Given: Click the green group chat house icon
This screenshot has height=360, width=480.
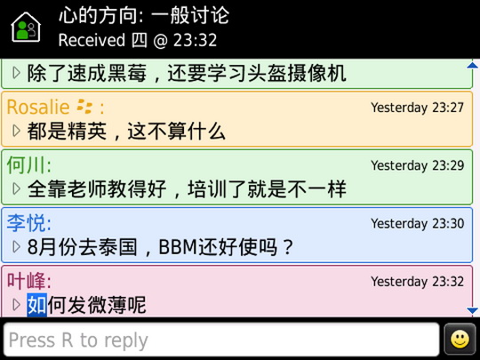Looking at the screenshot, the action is click(x=26, y=27).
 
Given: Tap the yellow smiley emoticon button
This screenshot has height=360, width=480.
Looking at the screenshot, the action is click(x=460, y=340).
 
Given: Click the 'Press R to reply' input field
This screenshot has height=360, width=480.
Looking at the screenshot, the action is click(x=221, y=340).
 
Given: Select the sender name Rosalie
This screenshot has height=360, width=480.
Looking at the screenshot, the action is click(x=38, y=108).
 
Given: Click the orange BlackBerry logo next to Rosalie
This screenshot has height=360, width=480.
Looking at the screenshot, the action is click(x=84, y=107).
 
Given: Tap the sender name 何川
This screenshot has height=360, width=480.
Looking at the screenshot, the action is click(x=27, y=165).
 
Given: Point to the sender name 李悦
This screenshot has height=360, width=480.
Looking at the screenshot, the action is click(x=27, y=223).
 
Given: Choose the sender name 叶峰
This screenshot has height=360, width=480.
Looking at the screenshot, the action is click(x=27, y=281).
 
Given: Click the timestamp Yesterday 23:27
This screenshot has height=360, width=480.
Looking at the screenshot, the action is click(x=417, y=108).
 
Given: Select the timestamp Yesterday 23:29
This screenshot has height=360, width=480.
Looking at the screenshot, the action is click(x=417, y=165).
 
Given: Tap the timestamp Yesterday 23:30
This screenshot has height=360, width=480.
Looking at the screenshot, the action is click(x=417, y=223).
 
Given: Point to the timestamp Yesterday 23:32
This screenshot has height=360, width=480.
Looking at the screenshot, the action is click(x=417, y=281).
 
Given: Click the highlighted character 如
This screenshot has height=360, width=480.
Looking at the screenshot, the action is click(x=37, y=305).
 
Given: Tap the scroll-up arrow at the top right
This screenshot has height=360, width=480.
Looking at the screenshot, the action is click(x=473, y=65).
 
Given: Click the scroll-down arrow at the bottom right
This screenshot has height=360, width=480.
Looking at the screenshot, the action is click(x=473, y=311).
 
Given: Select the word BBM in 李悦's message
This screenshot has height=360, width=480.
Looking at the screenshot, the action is click(x=178, y=247).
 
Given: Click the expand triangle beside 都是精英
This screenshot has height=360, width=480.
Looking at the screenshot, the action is click(x=16, y=131).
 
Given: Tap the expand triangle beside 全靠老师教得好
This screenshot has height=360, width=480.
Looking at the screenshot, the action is click(x=16, y=188).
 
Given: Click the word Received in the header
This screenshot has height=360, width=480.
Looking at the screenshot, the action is click(x=92, y=40).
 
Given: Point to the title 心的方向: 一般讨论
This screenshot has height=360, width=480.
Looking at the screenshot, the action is click(x=144, y=15).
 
